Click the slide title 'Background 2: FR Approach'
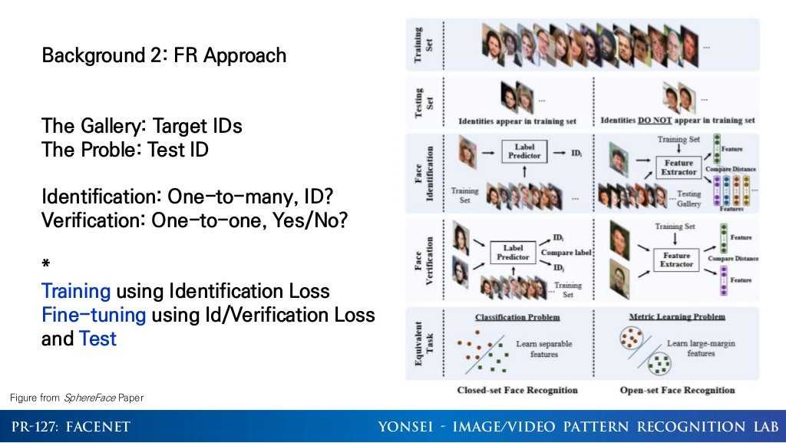tap(163, 55)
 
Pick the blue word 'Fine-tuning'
tap(93, 315)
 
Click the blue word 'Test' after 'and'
tap(97, 339)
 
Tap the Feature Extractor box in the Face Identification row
tap(679, 167)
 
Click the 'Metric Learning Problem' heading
tap(676, 317)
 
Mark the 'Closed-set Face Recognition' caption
tap(517, 390)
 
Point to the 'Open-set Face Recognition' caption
tap(677, 390)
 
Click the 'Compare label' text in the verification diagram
tap(566, 252)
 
